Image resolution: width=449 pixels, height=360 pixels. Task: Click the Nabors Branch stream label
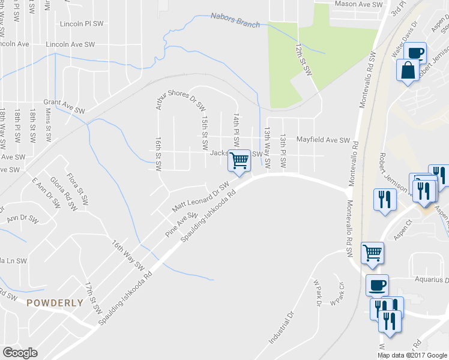click(235, 20)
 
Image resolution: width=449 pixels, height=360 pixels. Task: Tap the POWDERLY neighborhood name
click(55, 303)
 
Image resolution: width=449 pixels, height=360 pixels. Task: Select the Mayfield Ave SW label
click(323, 140)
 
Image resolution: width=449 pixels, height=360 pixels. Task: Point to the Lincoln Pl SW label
click(82, 25)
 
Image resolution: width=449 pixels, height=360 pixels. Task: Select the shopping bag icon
click(408, 70)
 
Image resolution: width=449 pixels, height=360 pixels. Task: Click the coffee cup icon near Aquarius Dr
click(376, 285)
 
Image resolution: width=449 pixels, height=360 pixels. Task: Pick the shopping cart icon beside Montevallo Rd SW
click(373, 253)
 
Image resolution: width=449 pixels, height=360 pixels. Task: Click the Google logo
click(20, 353)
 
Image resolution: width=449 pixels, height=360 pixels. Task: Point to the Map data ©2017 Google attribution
click(412, 355)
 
